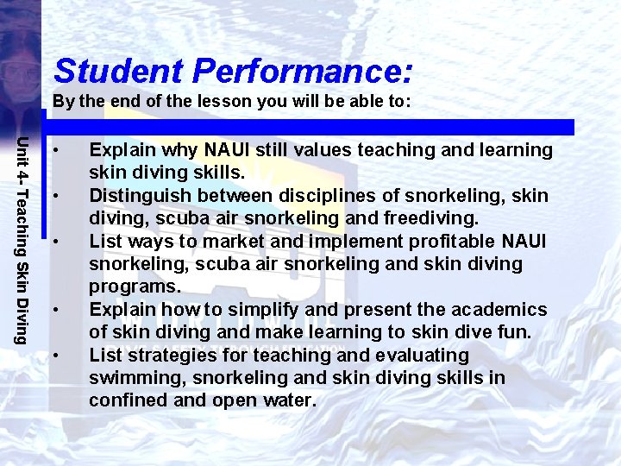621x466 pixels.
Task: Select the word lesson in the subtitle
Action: tap(209, 101)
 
